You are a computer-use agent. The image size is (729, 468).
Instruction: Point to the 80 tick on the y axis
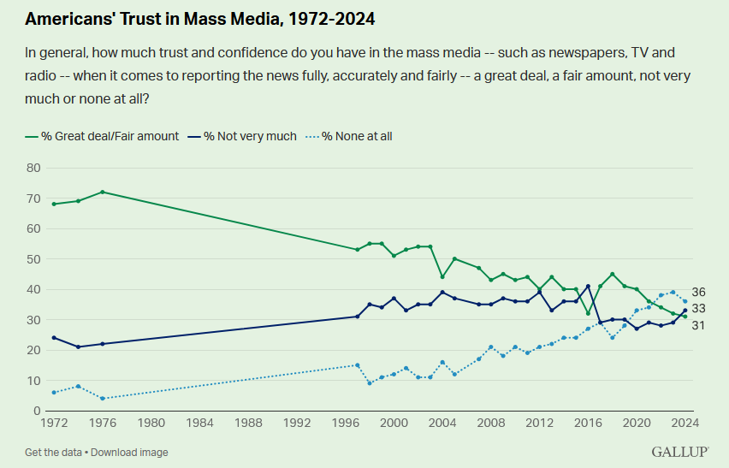pyautogui.click(x=35, y=168)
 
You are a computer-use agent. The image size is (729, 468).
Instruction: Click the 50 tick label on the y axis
pyautogui.click(x=35, y=259)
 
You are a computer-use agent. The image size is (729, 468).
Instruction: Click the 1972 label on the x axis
pyautogui.click(x=54, y=423)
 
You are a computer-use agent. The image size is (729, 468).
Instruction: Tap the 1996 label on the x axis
pyautogui.click(x=346, y=423)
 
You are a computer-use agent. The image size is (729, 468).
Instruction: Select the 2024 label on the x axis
pyautogui.click(x=685, y=423)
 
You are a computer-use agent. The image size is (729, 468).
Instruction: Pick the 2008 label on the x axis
pyautogui.click(x=491, y=423)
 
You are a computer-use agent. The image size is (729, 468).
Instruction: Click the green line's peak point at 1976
pyautogui.click(x=103, y=192)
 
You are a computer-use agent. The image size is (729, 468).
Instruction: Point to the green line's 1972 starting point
pyautogui.click(x=54, y=204)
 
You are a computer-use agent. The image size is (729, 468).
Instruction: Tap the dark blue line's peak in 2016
pyautogui.click(x=588, y=286)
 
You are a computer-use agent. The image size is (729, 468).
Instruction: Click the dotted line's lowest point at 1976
pyautogui.click(x=103, y=399)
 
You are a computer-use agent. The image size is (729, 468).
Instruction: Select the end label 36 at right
pyautogui.click(x=698, y=293)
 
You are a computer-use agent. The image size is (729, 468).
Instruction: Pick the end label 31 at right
pyautogui.click(x=698, y=325)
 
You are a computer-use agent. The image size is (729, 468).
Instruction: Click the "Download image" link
pyautogui.click(x=129, y=452)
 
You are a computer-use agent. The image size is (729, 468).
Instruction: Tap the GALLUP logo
pyautogui.click(x=679, y=451)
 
